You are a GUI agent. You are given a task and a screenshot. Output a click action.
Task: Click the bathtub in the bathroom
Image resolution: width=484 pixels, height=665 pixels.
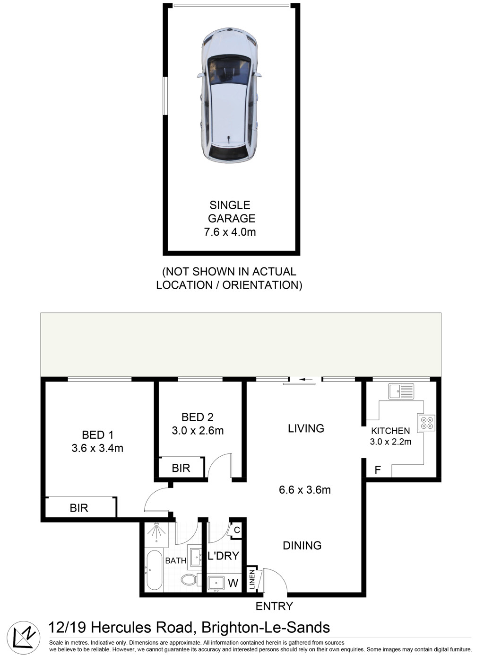(155, 570)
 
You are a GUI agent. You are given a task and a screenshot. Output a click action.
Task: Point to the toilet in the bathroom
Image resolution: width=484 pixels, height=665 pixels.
(191, 579)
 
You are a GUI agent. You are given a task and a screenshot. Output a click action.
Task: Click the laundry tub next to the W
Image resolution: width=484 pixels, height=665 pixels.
(216, 583)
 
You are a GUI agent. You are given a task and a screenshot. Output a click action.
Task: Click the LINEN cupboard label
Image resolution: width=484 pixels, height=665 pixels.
(252, 579)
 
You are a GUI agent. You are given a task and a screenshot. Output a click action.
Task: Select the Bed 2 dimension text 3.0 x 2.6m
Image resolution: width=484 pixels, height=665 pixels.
(198, 431)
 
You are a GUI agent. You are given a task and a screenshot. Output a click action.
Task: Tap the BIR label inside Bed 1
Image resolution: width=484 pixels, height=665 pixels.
(79, 508)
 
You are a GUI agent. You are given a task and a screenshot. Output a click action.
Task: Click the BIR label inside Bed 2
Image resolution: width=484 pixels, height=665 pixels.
(181, 468)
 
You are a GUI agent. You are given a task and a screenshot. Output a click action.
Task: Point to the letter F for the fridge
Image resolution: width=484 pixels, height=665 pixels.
(378, 470)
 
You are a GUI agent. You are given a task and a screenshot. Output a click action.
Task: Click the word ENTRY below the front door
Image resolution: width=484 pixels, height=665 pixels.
(274, 606)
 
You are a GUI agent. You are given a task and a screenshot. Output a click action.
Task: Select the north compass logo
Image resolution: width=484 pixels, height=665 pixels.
(24, 638)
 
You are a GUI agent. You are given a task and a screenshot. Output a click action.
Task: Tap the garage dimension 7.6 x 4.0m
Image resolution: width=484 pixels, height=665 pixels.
(230, 232)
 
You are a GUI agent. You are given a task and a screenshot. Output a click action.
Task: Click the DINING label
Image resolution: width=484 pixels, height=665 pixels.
(302, 546)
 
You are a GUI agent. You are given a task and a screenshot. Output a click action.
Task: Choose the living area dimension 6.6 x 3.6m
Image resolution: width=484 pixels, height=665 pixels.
(305, 490)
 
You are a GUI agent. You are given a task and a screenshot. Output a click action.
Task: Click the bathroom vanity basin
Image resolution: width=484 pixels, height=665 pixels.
(195, 557)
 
